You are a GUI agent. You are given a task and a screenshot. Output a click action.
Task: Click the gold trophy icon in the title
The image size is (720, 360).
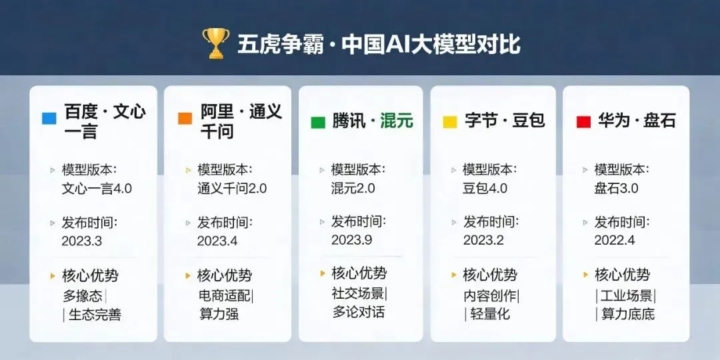(216, 43)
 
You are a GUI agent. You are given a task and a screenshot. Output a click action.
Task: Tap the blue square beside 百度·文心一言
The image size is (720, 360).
(49, 119)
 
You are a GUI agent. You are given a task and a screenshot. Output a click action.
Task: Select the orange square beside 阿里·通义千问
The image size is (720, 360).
(185, 119)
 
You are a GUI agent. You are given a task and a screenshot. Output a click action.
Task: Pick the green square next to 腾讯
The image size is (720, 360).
(318, 123)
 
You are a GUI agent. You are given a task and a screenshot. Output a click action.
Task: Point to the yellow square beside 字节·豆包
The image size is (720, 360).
(450, 122)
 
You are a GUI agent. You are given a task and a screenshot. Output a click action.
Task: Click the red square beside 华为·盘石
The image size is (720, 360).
(583, 122)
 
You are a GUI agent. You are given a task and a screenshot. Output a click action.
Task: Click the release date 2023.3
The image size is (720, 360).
(82, 241)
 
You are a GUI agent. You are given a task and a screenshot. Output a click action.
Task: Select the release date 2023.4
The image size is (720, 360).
(217, 241)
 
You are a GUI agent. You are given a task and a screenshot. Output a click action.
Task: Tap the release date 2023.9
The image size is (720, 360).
(352, 240)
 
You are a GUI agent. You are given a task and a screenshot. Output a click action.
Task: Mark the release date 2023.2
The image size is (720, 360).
(483, 240)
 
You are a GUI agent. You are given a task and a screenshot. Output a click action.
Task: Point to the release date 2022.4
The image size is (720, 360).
(615, 240)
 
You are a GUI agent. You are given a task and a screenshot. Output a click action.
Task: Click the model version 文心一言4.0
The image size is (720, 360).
(97, 189)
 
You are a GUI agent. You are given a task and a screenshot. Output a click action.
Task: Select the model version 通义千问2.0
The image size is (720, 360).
(232, 189)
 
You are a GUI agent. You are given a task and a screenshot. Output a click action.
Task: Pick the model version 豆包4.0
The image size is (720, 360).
(485, 188)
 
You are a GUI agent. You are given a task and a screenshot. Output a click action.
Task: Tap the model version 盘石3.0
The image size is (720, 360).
(616, 188)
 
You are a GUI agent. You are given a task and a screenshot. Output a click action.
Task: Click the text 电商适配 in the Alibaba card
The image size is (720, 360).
(225, 295)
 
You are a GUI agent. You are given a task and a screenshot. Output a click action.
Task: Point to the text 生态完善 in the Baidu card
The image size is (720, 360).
(95, 315)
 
